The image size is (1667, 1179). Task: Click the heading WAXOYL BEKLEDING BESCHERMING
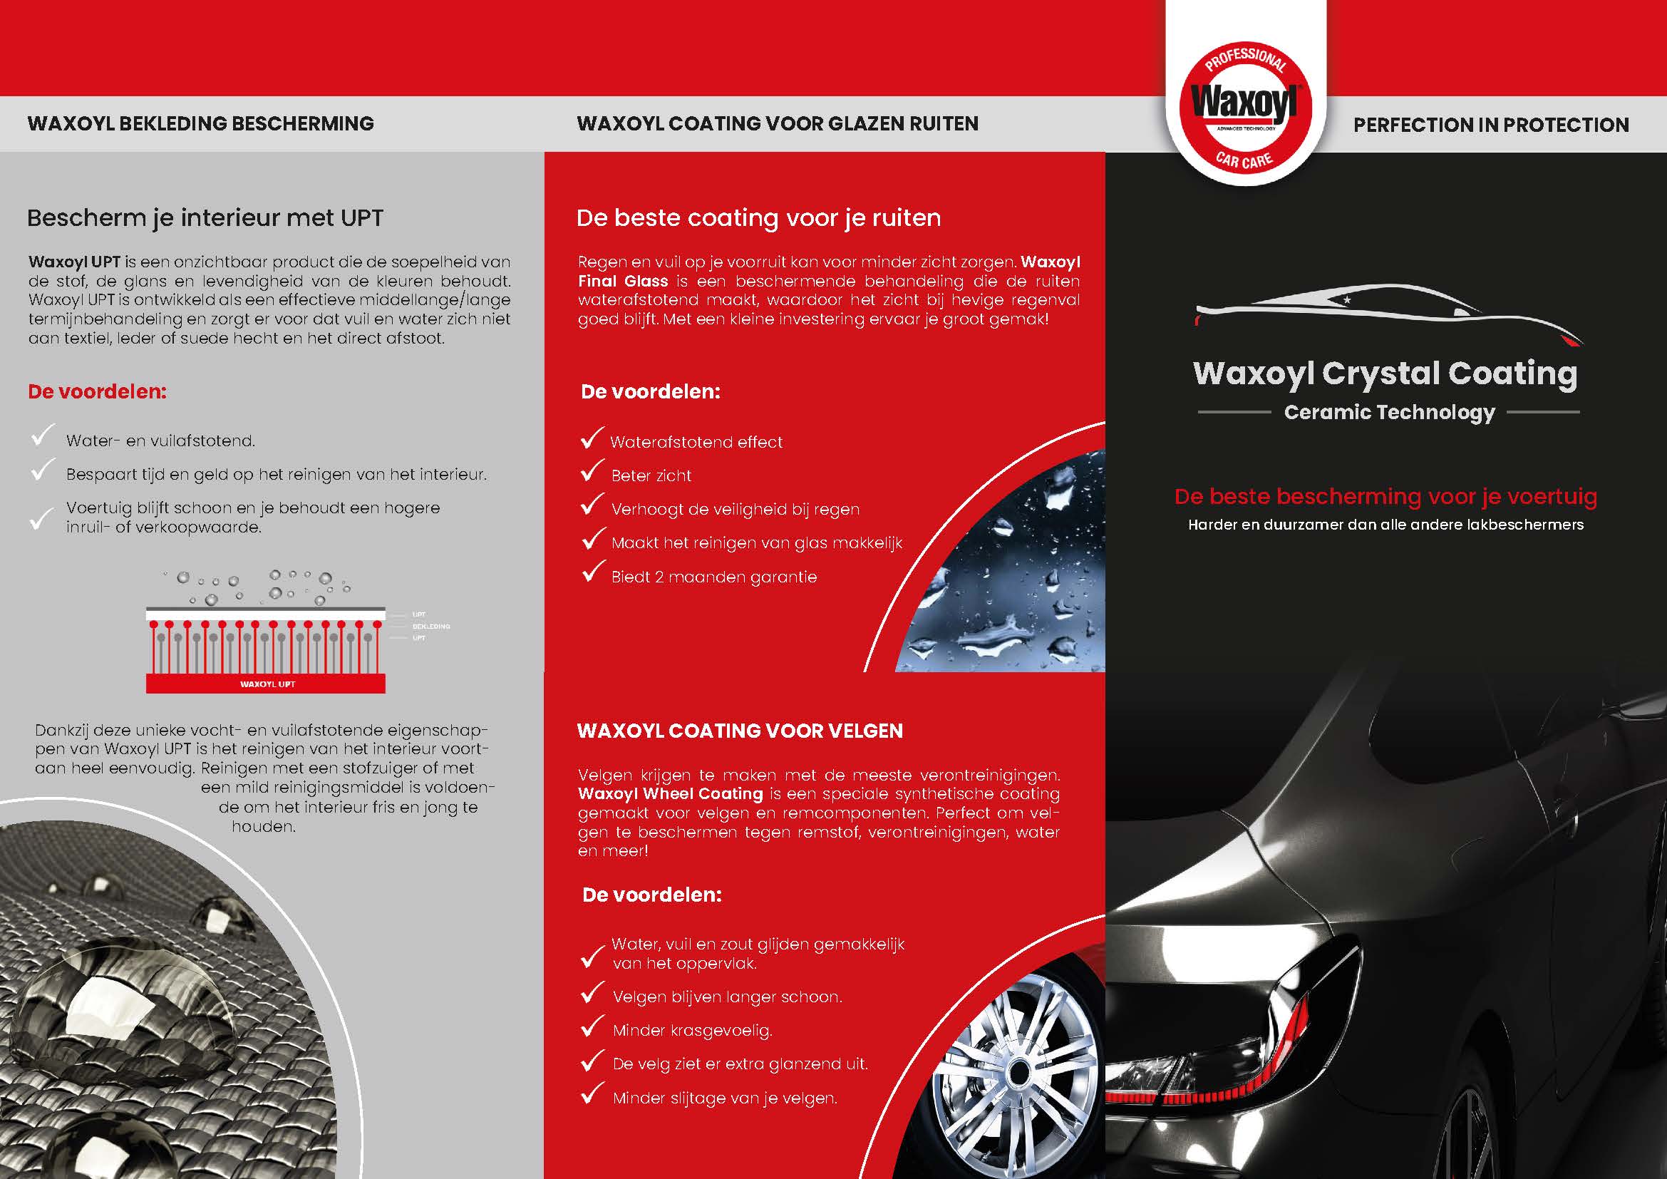(200, 123)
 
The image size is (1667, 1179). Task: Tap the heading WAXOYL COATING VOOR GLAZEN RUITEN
(778, 123)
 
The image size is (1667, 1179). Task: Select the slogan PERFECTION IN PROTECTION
(1490, 125)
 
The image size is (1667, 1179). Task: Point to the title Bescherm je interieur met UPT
(205, 218)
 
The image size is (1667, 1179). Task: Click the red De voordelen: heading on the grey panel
(98, 391)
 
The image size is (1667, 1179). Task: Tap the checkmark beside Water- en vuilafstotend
(42, 436)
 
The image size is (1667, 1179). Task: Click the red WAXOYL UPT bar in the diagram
(266, 684)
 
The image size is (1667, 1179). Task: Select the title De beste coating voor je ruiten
(758, 218)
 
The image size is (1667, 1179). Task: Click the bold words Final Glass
(622, 282)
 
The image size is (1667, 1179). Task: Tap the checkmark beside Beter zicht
(592, 472)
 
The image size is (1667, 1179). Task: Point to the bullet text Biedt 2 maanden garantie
(713, 577)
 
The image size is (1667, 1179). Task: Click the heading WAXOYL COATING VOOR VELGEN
(739, 731)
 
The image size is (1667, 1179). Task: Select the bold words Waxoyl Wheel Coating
(670, 794)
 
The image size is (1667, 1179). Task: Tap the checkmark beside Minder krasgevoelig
(592, 1026)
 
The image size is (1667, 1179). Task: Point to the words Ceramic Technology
(1389, 412)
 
